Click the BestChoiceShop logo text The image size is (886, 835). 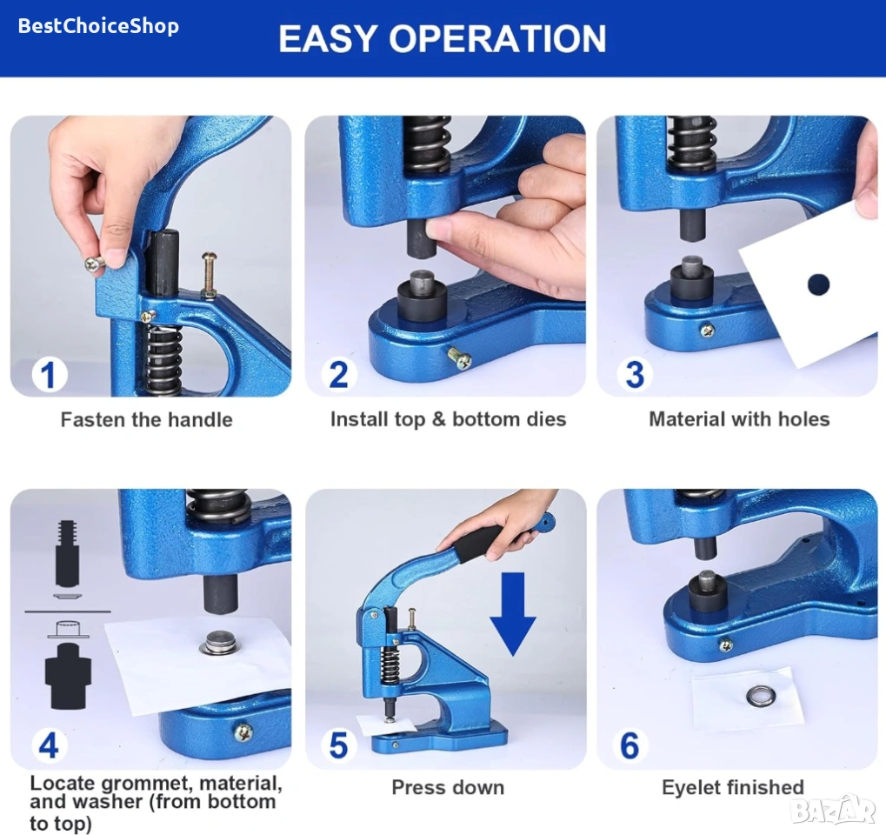(98, 26)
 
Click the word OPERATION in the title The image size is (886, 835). (497, 38)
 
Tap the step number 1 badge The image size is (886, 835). (50, 375)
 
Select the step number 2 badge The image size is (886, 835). (338, 375)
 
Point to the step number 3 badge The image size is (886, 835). (635, 375)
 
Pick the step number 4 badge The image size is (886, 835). (50, 745)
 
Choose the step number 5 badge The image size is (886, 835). (338, 745)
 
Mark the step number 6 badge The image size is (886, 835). (630, 745)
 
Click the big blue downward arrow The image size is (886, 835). (512, 614)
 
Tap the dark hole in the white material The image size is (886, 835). (818, 284)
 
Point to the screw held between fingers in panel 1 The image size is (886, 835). (96, 263)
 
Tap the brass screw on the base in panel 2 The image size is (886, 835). (460, 358)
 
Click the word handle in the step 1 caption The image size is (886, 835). (202, 419)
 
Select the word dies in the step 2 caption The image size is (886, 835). (543, 419)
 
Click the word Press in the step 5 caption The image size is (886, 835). (417, 787)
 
